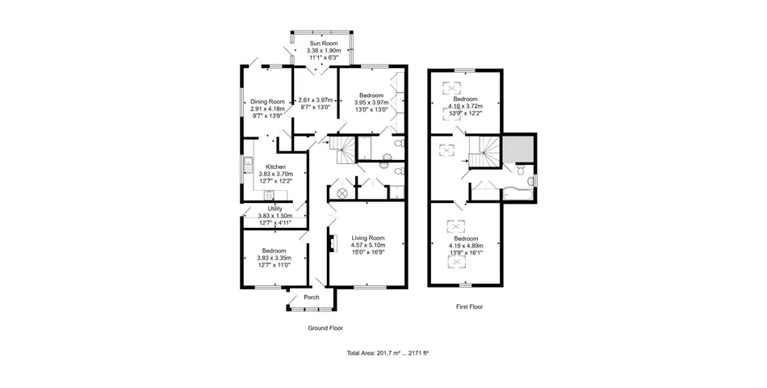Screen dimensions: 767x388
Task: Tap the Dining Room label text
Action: pos(267,102)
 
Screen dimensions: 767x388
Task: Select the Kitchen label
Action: pos(276,167)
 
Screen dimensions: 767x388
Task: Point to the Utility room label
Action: pos(275,209)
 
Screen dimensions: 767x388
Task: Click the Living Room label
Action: pos(368,238)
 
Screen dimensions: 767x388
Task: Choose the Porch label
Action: pos(312,297)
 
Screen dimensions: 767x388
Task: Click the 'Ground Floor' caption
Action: pos(325,328)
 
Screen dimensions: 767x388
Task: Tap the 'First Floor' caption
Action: pos(469,306)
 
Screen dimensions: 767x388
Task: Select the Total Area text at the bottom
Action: pos(388,352)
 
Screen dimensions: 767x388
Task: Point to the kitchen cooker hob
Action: pos(269,195)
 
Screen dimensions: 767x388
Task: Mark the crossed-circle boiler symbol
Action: pos(342,193)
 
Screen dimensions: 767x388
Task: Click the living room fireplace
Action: pos(333,243)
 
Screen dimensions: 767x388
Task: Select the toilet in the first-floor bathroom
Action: pos(521,170)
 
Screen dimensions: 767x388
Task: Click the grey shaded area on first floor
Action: pos(518,150)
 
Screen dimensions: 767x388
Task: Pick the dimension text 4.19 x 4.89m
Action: pos(466,246)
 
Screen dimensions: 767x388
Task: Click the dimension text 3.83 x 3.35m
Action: pos(274,258)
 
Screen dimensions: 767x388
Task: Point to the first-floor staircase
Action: pos(484,152)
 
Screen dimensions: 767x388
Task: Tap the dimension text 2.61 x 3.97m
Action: pos(316,100)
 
